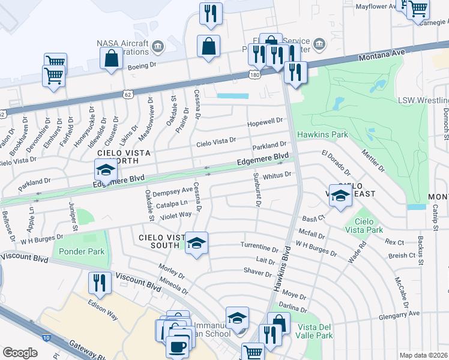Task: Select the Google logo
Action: tap(20, 353)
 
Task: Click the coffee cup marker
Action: tap(177, 346)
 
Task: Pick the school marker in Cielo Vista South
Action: tap(196, 243)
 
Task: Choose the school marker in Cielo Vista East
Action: tap(340, 196)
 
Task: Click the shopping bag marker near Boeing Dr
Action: tap(111, 58)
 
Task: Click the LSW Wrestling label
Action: tap(423, 100)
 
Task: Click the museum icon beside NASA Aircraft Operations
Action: tap(157, 46)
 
